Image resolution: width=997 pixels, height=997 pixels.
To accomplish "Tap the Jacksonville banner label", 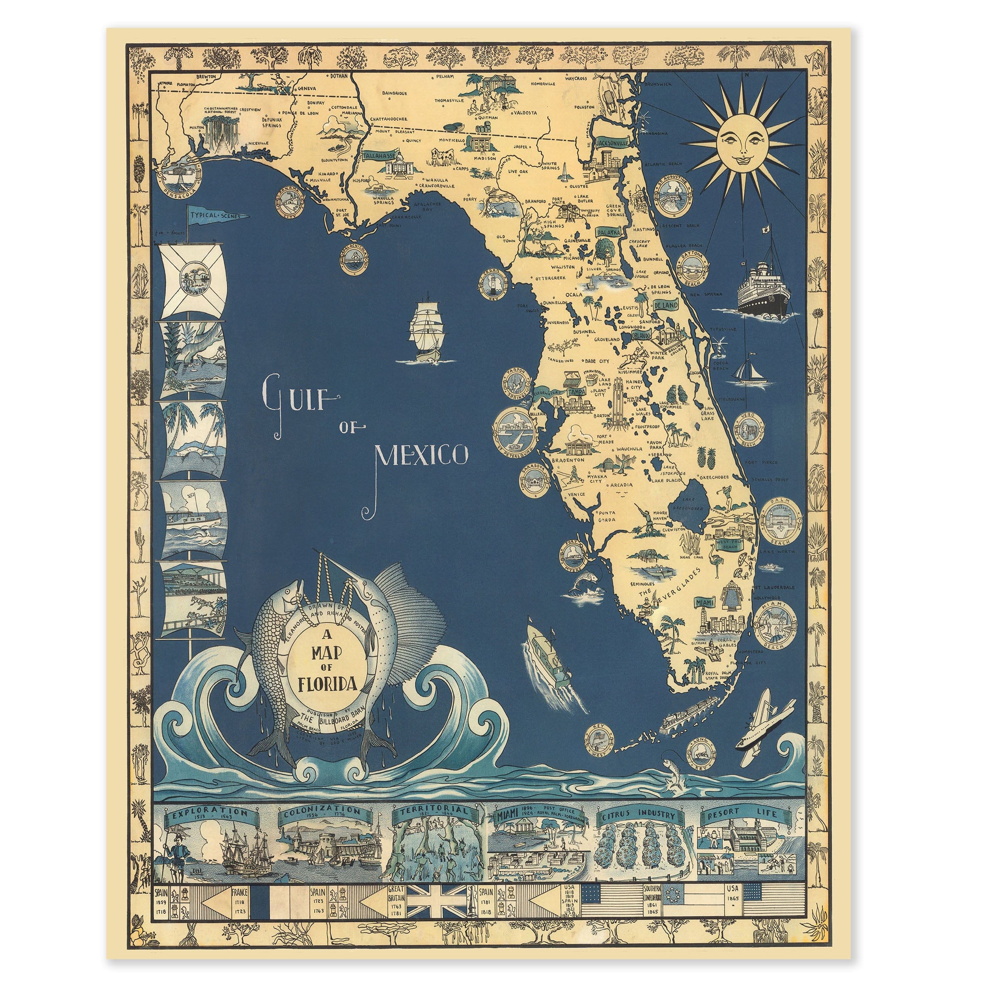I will [x=613, y=142].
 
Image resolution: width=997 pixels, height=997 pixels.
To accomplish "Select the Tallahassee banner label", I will [x=379, y=155].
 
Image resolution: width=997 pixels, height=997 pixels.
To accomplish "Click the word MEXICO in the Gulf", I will [x=422, y=456].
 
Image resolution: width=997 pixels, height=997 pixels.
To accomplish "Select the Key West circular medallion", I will [x=599, y=739].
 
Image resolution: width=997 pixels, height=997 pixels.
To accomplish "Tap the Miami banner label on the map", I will [x=705, y=603].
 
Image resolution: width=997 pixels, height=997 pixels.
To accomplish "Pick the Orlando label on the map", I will [x=641, y=335].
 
